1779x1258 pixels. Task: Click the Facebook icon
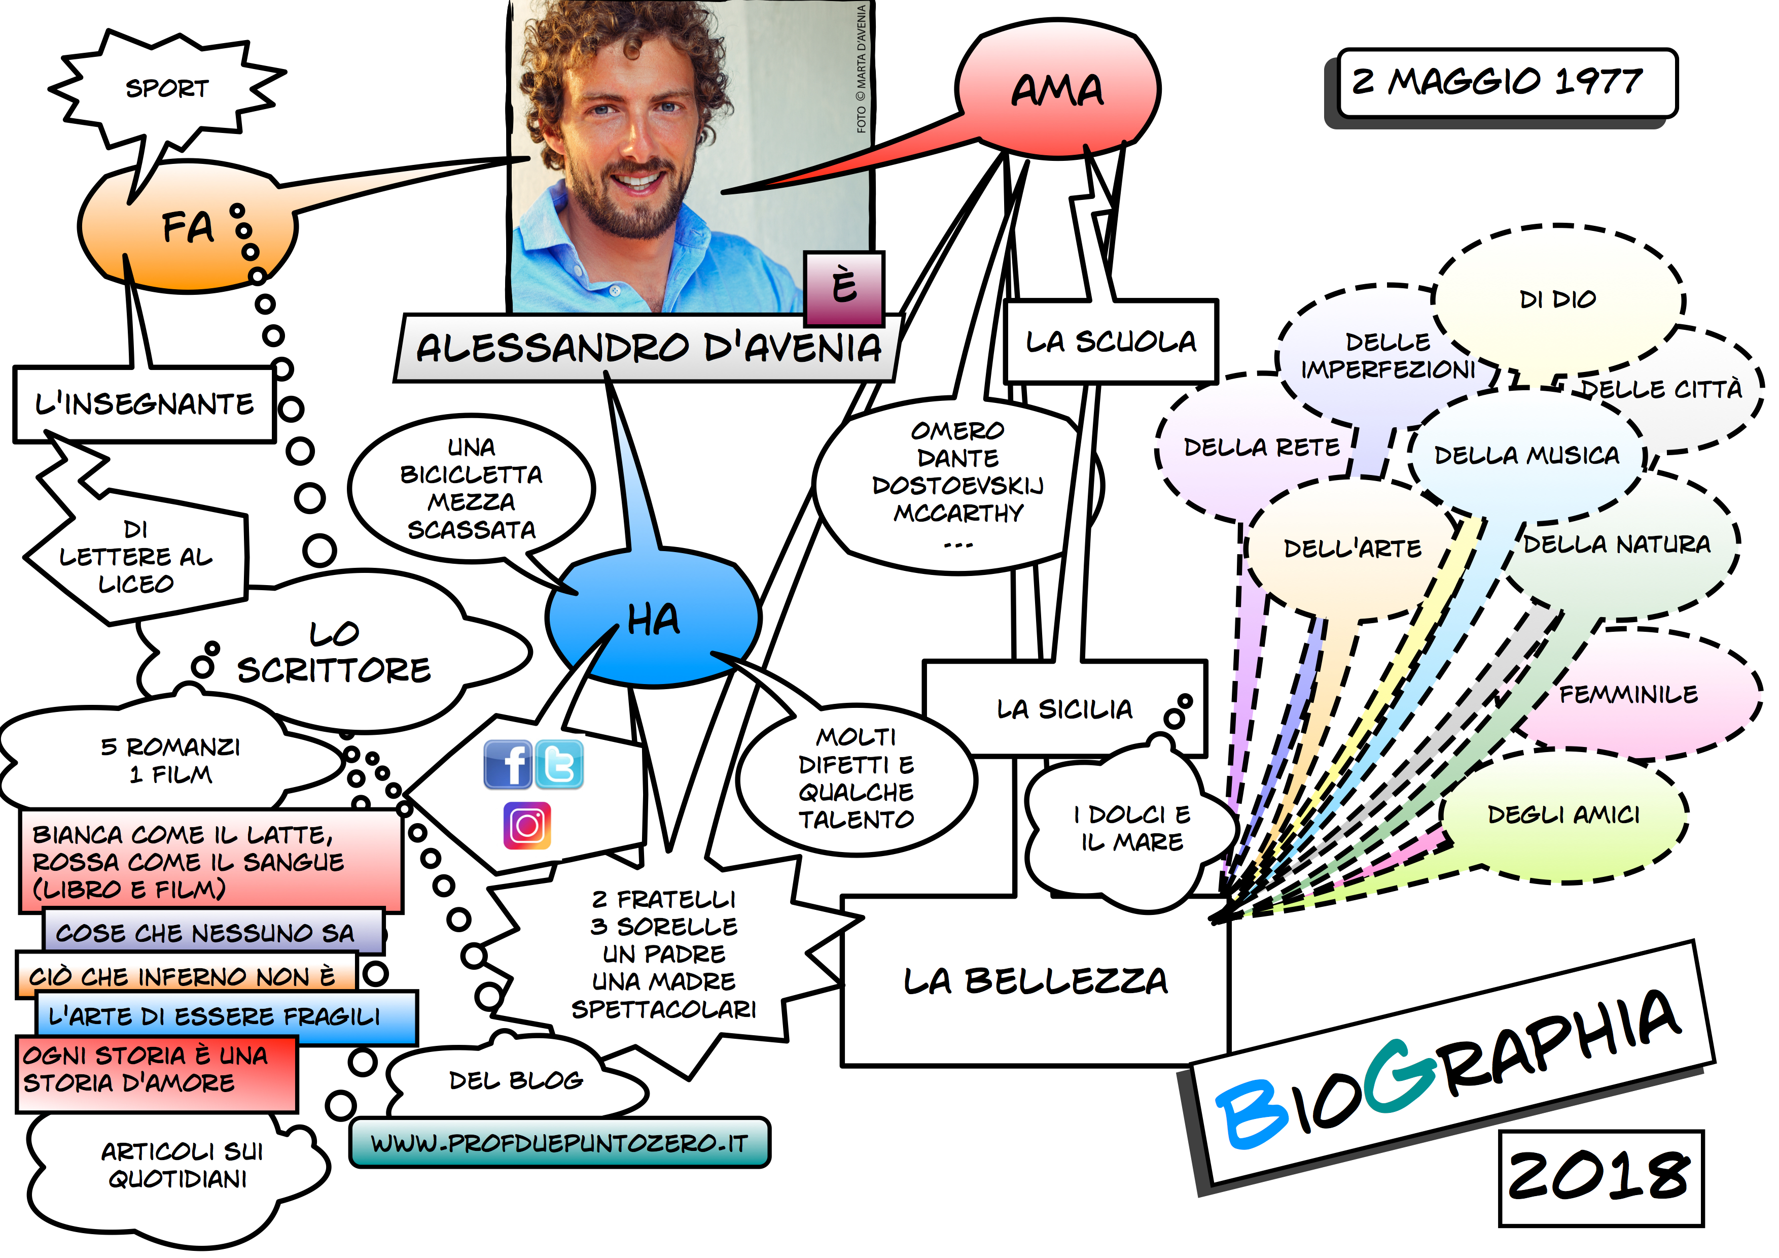(x=508, y=764)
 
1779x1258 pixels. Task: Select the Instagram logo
(x=527, y=826)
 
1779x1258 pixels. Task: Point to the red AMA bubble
(x=1058, y=90)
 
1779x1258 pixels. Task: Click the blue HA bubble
(x=653, y=620)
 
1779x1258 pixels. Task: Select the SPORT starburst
(x=166, y=88)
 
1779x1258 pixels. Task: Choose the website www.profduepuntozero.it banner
(x=559, y=1142)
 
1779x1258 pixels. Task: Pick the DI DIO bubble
(x=1557, y=299)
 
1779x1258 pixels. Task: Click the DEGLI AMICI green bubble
(x=1563, y=814)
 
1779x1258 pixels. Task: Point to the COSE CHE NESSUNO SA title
(x=205, y=932)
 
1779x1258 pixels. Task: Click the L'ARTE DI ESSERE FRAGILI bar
(x=215, y=1016)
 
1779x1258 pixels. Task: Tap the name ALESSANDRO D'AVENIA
(x=649, y=348)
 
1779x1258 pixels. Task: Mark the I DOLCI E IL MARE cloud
(x=1132, y=828)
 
